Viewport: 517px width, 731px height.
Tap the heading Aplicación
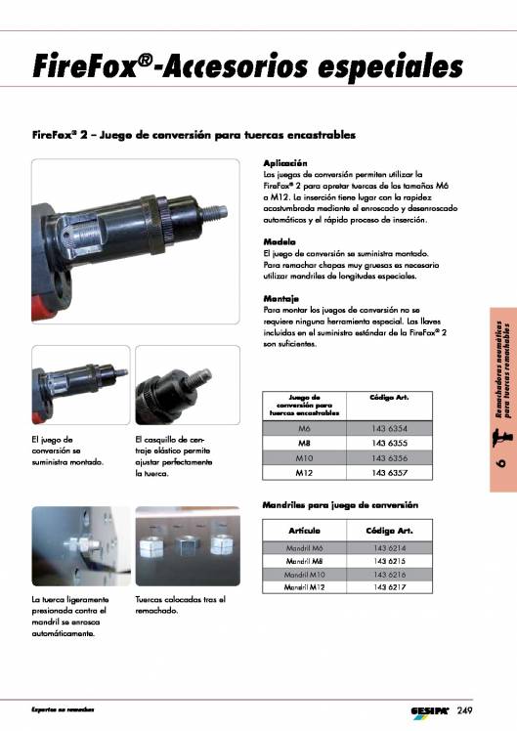[x=285, y=162]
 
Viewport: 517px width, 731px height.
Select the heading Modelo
[x=280, y=241]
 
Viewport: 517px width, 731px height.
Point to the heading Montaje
[x=281, y=298]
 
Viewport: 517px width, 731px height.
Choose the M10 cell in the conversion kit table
[x=304, y=458]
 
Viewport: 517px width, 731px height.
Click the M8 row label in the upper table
[x=304, y=444]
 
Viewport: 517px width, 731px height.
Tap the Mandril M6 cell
[x=304, y=548]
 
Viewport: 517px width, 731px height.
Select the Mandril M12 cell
[x=304, y=587]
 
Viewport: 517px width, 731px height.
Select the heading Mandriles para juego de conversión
[x=341, y=505]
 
